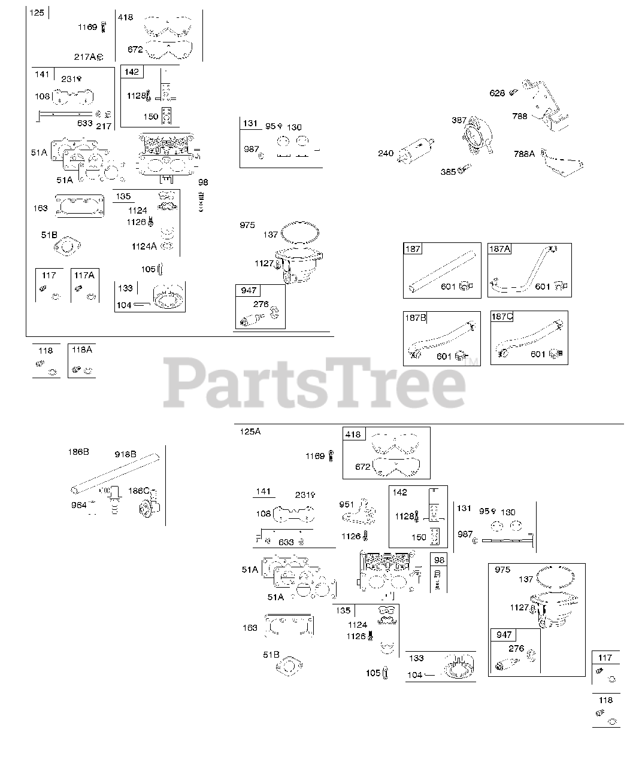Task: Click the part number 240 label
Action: pos(386,153)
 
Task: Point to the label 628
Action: pos(497,93)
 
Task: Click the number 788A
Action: pos(524,154)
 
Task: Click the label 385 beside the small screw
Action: pos(447,171)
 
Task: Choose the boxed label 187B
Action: pos(416,317)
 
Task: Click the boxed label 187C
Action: pos(502,317)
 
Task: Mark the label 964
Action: pos(79,505)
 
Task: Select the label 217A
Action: pos(84,57)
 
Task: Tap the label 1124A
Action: pos(144,246)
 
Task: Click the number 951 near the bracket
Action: pos(347,504)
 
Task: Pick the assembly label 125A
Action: pos(250,431)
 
